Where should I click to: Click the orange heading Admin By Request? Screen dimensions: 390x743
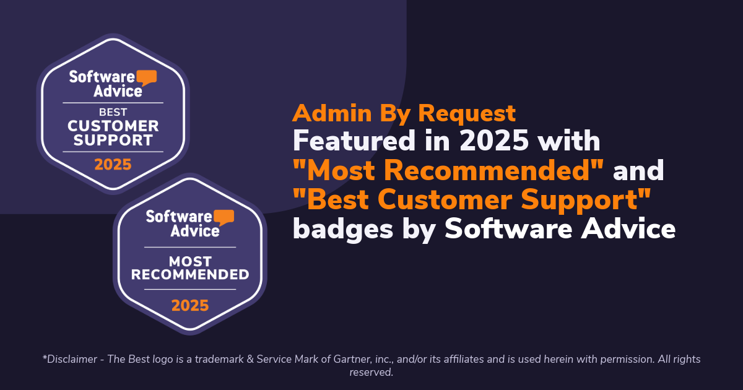click(x=404, y=113)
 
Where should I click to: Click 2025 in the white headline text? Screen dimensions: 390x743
click(x=493, y=141)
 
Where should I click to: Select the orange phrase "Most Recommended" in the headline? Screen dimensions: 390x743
click(x=448, y=170)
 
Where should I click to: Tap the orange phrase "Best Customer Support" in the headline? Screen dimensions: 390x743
click(x=472, y=199)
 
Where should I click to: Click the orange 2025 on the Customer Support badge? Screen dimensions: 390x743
click(x=113, y=164)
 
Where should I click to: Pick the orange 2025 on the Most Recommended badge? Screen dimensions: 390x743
click(x=190, y=305)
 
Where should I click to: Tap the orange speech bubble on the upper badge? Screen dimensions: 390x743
click(x=147, y=78)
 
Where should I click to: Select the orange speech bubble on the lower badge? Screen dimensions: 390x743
click(x=224, y=217)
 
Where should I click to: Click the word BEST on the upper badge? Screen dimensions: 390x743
click(x=113, y=112)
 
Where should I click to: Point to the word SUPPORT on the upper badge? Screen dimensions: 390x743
click(x=113, y=140)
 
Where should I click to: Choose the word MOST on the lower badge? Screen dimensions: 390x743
click(x=190, y=261)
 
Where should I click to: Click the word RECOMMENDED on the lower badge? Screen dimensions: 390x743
click(x=190, y=274)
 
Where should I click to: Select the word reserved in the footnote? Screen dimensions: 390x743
click(x=371, y=372)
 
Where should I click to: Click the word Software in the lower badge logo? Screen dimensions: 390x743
click(x=179, y=217)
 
